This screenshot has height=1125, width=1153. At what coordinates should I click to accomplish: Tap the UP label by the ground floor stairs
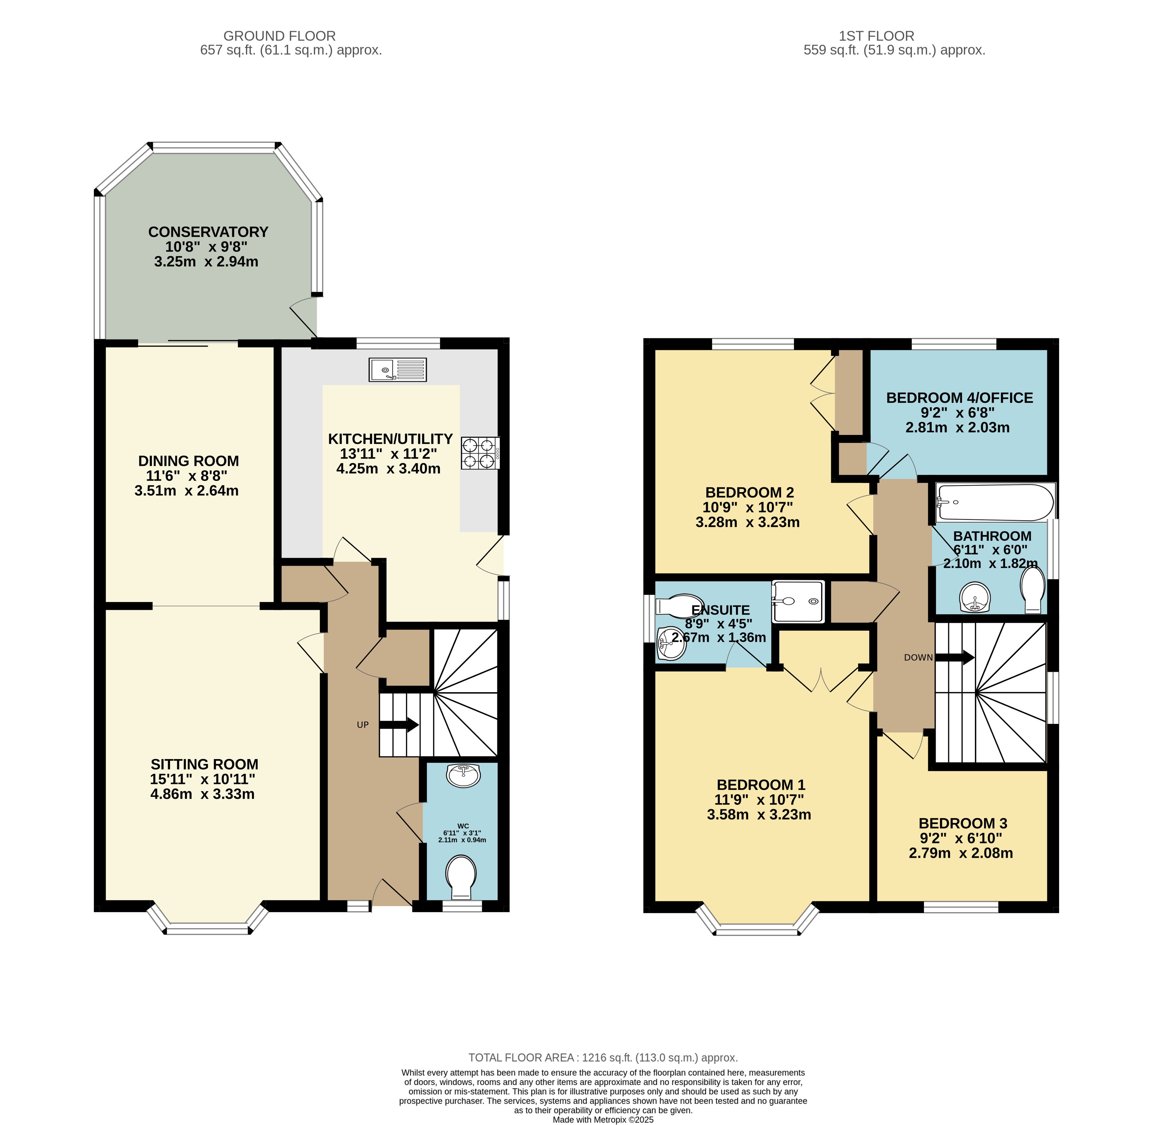363,725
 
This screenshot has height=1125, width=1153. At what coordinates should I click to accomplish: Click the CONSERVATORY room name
208,231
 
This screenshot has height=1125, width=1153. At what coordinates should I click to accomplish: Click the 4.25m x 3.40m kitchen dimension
388,469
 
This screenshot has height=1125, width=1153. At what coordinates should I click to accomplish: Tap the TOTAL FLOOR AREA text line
603,1058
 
